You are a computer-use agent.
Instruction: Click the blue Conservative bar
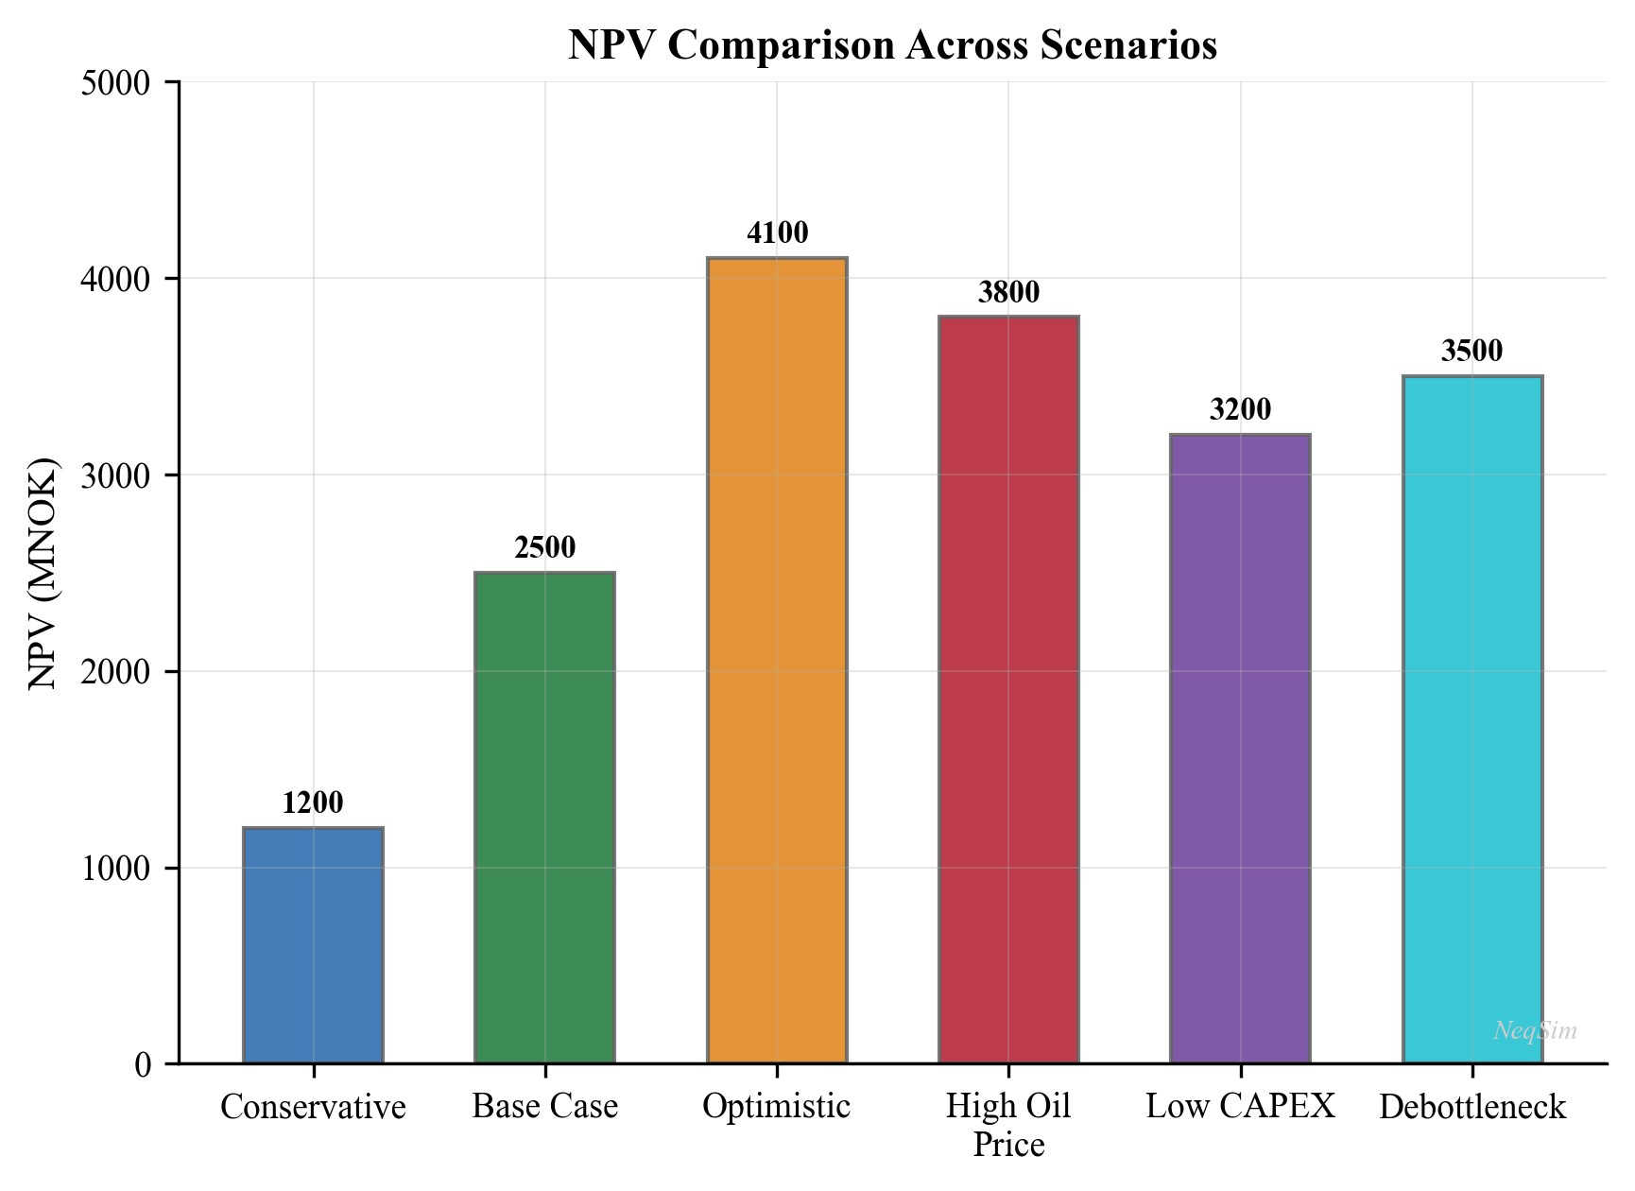pyautogui.click(x=313, y=945)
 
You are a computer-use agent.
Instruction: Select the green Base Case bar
pyautogui.click(x=544, y=818)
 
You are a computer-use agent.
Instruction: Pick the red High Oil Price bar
pyautogui.click(x=1008, y=690)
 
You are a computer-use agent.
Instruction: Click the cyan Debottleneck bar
pyautogui.click(x=1472, y=718)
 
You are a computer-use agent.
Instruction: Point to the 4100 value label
pyautogui.click(x=777, y=233)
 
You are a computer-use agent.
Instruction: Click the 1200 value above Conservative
pyautogui.click(x=313, y=803)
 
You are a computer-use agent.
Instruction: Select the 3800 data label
pyautogui.click(x=1008, y=293)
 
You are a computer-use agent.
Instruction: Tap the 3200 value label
pyautogui.click(x=1240, y=410)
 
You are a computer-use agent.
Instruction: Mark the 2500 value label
pyautogui.click(x=544, y=548)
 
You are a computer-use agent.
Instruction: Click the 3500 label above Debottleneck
pyautogui.click(x=1472, y=352)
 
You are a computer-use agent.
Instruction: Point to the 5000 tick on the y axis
pyautogui.click(x=116, y=83)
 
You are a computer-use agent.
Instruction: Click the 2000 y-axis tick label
pyautogui.click(x=116, y=672)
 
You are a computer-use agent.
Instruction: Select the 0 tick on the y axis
pyautogui.click(x=143, y=1065)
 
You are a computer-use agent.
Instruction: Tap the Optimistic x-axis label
pyautogui.click(x=777, y=1107)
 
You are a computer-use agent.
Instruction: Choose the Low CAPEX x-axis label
pyautogui.click(x=1240, y=1107)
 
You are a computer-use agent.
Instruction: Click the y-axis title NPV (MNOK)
pyautogui.click(x=43, y=573)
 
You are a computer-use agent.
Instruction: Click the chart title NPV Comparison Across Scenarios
pyautogui.click(x=892, y=45)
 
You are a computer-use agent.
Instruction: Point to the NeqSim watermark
pyautogui.click(x=1535, y=1031)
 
